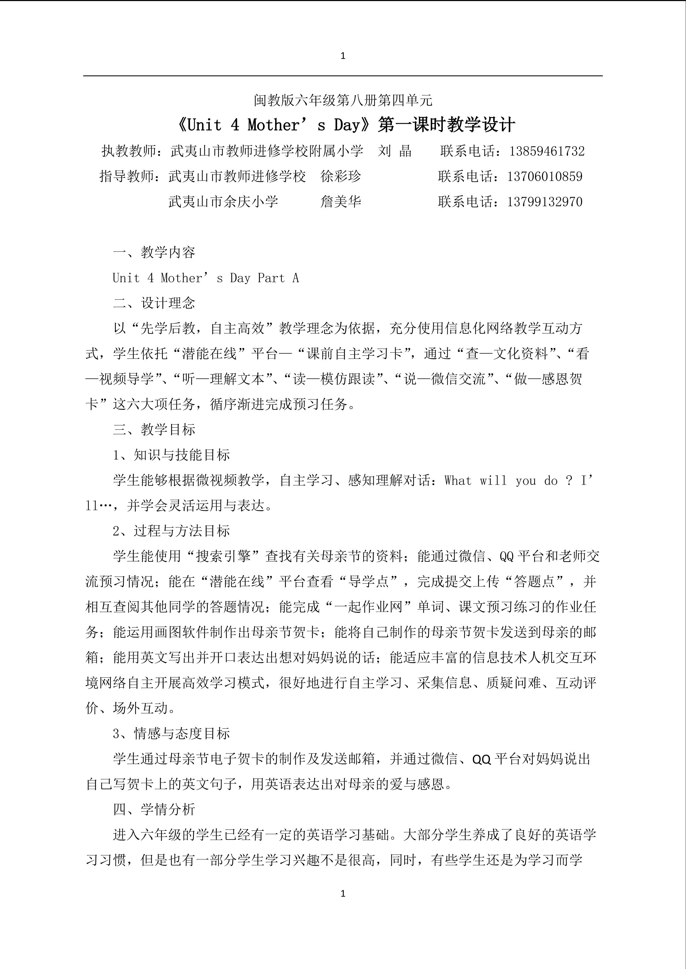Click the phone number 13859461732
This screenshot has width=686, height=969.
point(547,151)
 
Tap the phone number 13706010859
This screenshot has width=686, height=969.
point(545,176)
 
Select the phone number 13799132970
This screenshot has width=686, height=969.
point(545,202)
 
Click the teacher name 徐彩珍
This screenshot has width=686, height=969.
point(341,176)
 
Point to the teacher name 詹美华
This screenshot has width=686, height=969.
point(341,202)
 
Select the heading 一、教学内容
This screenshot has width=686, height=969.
point(154,252)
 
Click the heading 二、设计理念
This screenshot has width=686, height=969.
point(154,303)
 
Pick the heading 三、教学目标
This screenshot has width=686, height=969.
point(154,430)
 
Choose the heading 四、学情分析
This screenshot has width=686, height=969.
point(154,810)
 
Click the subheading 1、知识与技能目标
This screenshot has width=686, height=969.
point(171,455)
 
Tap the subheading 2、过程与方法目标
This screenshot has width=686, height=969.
point(171,531)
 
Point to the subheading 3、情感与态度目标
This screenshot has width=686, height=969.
point(171,734)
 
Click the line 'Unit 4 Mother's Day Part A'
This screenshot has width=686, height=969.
point(206,278)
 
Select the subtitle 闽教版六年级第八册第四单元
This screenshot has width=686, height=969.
point(343,100)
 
